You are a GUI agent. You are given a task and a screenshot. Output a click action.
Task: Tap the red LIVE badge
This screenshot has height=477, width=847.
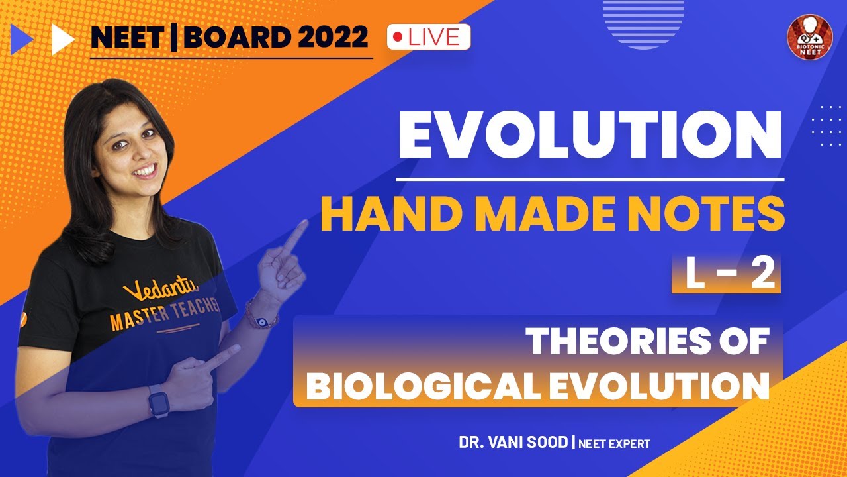tap(428, 37)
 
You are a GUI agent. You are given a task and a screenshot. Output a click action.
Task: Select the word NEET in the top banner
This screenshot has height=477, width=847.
tap(126, 38)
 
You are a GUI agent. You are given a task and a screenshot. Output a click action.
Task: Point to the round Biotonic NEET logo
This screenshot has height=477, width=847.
tap(809, 36)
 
